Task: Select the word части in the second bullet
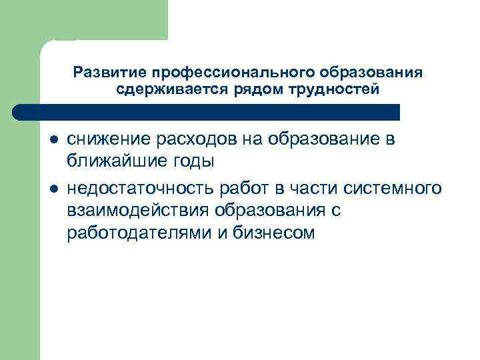tap(317, 189)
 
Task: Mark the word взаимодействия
tap(138, 211)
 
